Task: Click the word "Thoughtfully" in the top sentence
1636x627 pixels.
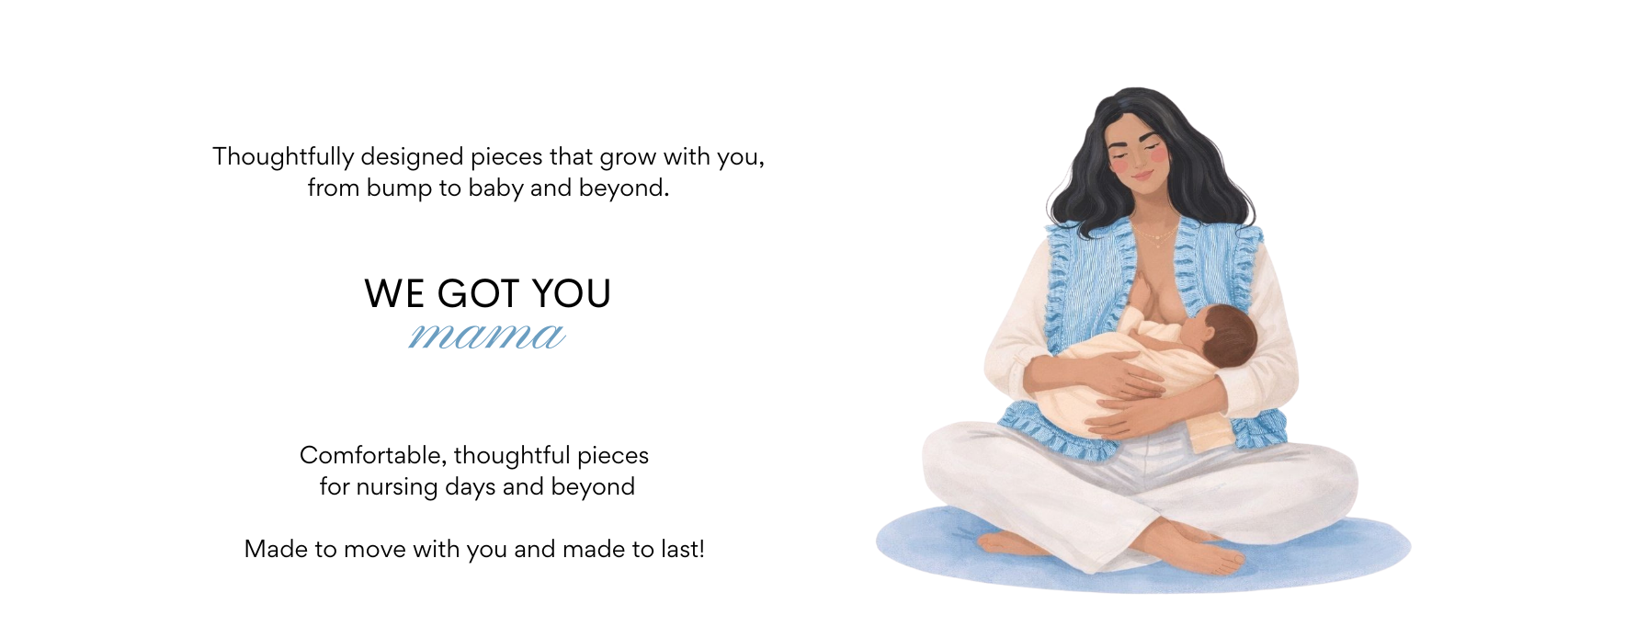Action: click(283, 157)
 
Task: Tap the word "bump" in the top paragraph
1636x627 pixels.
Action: click(399, 188)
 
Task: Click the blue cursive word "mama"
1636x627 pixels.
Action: click(486, 336)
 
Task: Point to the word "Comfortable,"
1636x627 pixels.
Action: click(373, 456)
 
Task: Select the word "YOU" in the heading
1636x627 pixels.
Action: click(572, 294)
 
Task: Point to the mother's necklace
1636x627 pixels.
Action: click(1160, 235)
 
